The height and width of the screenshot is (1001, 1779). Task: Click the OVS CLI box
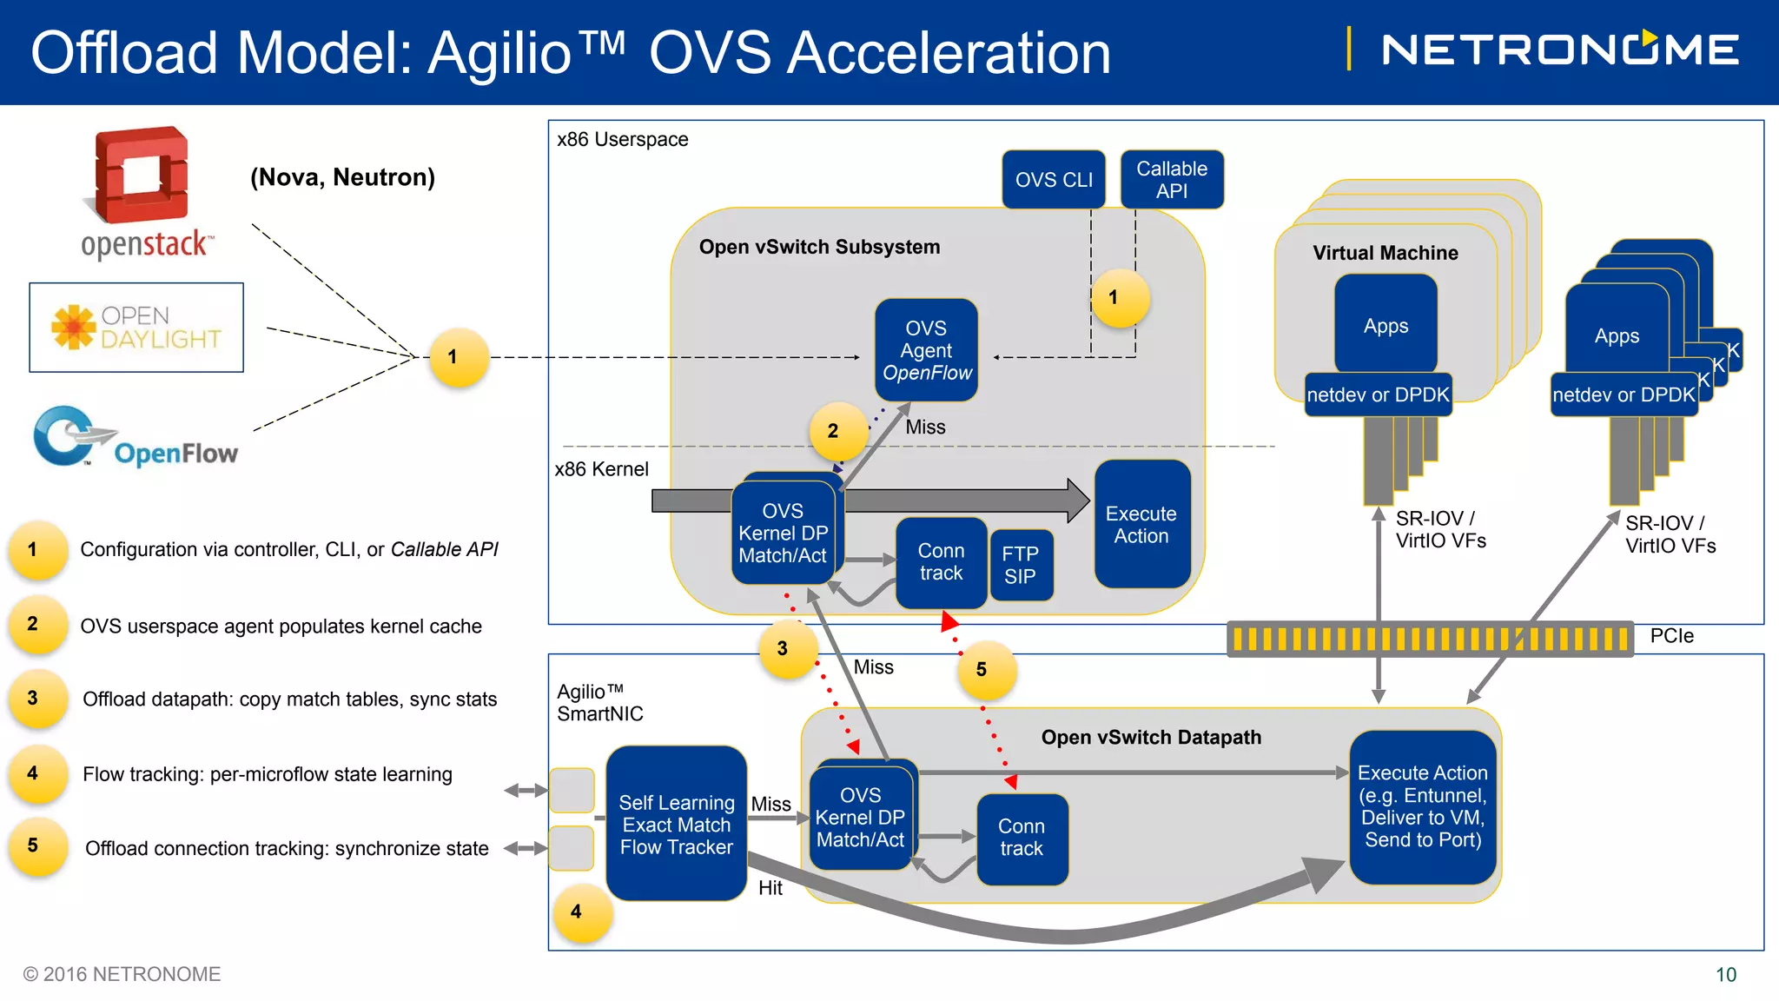click(1053, 180)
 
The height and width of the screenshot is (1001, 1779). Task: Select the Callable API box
click(1172, 180)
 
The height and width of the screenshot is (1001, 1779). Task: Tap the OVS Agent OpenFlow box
click(926, 350)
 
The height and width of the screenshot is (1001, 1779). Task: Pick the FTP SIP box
click(1021, 565)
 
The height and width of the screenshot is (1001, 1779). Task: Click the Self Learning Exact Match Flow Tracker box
click(676, 824)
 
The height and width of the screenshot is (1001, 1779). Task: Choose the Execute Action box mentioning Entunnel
click(1422, 806)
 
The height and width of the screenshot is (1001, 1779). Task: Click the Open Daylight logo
click(136, 328)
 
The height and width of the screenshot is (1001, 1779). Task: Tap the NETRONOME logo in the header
click(1560, 50)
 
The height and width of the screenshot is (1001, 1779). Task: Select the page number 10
click(1725, 975)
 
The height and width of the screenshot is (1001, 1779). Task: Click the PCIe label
click(1671, 636)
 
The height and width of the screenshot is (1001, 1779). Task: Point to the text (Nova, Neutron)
click(342, 177)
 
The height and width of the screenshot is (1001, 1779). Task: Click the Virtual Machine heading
click(1385, 253)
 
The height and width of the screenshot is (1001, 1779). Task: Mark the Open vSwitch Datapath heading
click(1151, 737)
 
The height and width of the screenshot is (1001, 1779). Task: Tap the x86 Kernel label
click(601, 469)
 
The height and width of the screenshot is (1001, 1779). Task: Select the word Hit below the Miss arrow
click(770, 888)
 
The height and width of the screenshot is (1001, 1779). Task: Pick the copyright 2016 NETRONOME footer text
click(122, 974)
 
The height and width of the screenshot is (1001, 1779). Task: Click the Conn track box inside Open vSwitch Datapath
click(1022, 838)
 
